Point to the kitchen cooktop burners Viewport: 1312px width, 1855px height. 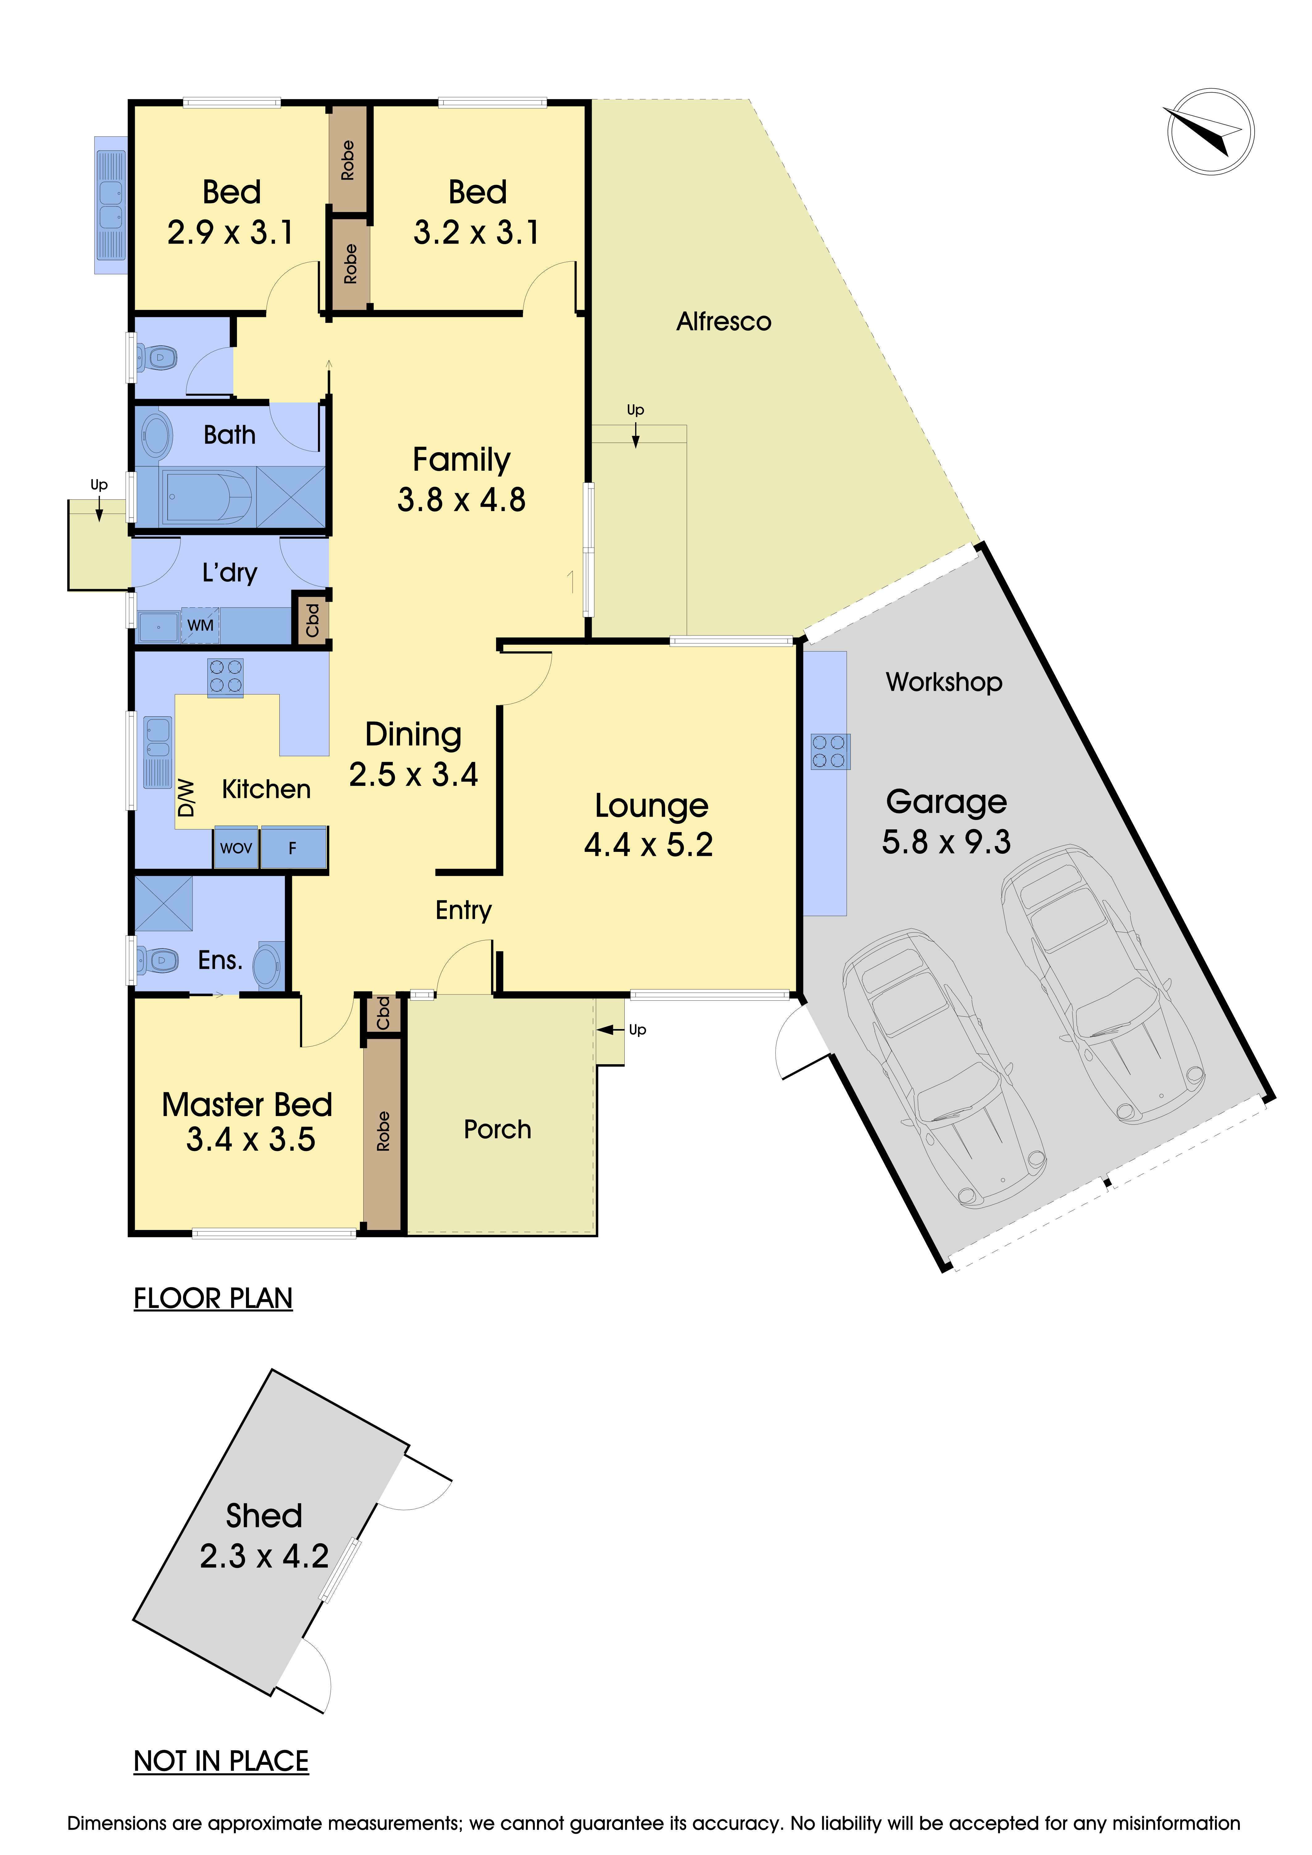(225, 676)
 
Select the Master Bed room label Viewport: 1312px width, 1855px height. (247, 1104)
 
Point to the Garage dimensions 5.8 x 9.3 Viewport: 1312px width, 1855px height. (946, 842)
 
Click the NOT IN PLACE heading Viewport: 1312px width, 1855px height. (221, 1761)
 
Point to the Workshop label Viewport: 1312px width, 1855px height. (943, 682)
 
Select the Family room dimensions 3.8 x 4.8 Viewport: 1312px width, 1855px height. (461, 500)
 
